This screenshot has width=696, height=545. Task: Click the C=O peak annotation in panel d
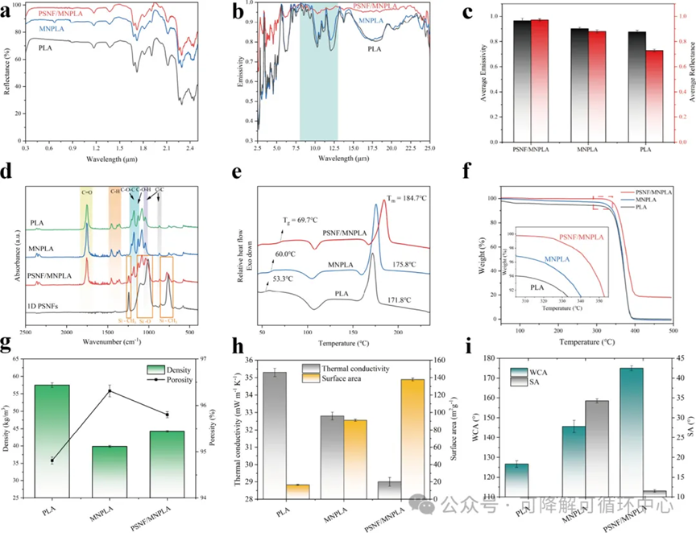point(86,192)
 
